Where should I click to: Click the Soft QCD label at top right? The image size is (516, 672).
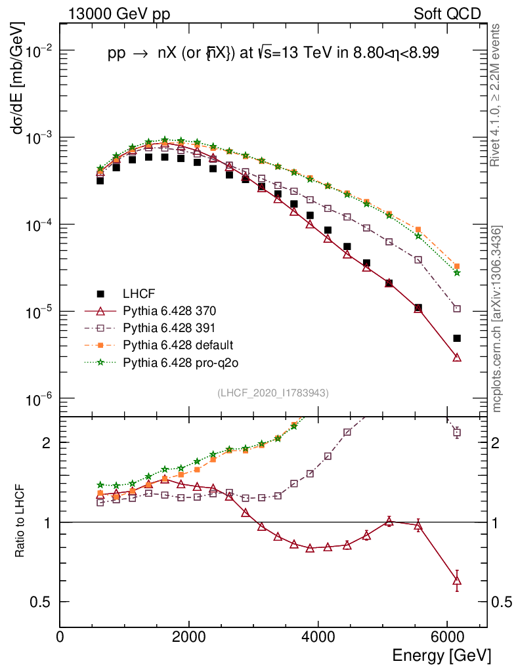(x=447, y=14)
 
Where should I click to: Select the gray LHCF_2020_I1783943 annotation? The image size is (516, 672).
(x=273, y=392)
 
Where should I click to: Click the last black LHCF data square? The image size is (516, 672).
(x=457, y=338)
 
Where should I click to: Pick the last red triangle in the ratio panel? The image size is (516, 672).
(x=457, y=580)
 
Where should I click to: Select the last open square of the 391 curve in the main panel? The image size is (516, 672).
(x=457, y=308)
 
